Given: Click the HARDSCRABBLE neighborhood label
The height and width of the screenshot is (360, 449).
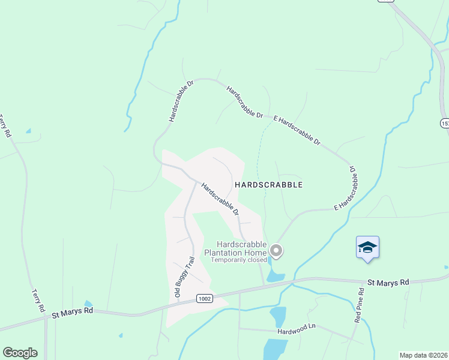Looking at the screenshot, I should pos(268,185).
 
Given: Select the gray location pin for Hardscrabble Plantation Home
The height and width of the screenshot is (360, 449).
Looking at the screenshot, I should pos(276,250).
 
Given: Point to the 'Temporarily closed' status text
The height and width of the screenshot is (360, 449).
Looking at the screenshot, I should pos(239,260).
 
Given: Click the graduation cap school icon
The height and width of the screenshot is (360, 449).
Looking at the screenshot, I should pos(367,247).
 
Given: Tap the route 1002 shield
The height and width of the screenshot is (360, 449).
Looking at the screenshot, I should pos(204,298).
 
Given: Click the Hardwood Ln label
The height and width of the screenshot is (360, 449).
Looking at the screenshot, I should pos(296,328).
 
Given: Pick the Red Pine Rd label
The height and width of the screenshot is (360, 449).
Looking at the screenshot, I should pos(358,307).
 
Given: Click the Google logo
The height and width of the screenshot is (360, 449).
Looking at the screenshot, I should pos(20,353).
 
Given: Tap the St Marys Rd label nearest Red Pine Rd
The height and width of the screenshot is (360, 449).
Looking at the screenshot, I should pos(388,281).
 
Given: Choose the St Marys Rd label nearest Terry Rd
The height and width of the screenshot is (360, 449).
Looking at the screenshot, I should pos(72,312).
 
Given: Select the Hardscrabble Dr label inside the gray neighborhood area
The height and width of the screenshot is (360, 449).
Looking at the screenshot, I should pos(220,199).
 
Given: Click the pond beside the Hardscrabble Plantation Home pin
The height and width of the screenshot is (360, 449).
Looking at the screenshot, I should pos(276,277).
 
